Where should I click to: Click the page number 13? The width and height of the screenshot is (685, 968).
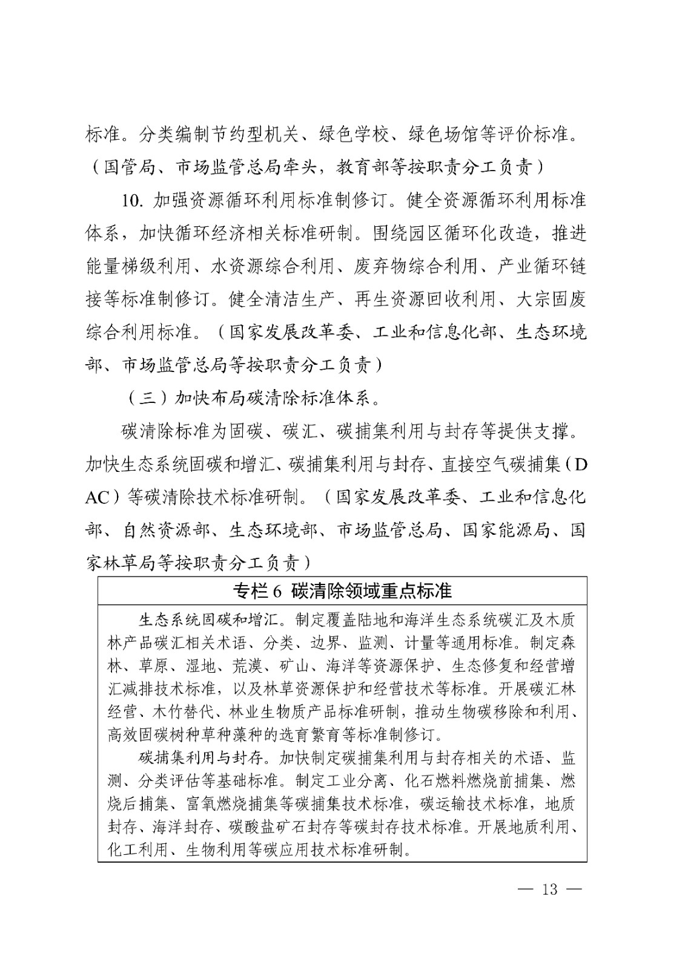tap(550, 889)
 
